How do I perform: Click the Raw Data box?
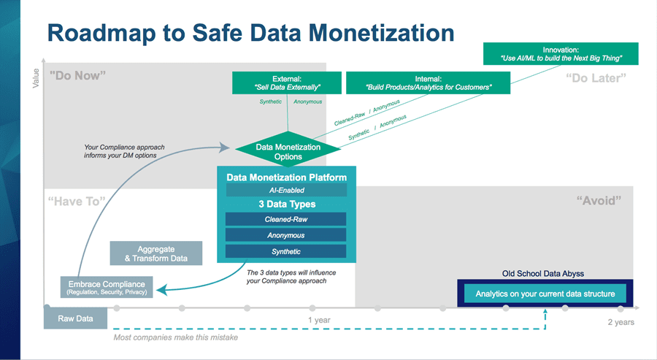75,318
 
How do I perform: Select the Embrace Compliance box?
107,287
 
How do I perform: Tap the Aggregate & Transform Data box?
156,253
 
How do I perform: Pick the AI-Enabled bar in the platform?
287,190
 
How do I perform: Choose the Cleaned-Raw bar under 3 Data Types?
285,219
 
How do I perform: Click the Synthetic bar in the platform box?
285,251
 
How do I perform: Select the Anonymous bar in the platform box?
285,235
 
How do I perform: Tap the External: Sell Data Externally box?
287,83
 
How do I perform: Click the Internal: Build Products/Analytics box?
429,83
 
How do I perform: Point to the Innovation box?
561,53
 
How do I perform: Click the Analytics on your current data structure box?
545,294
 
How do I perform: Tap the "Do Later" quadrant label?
596,78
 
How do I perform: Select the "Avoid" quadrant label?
599,200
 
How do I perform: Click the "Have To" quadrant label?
77,201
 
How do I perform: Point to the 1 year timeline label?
319,320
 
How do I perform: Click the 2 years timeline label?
621,322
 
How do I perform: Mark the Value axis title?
36,78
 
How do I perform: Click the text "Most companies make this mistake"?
175,337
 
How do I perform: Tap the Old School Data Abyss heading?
543,274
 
